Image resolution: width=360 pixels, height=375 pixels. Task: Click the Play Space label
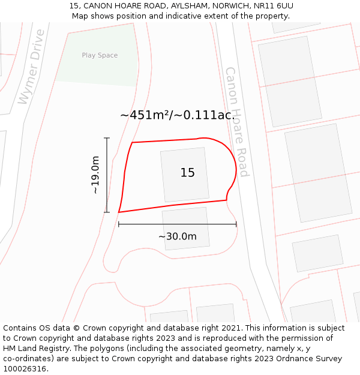pos(100,55)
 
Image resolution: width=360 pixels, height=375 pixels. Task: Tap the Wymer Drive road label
pos(31,66)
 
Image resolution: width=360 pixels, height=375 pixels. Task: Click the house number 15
pos(187,173)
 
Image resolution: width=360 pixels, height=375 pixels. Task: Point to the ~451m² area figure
pos(146,115)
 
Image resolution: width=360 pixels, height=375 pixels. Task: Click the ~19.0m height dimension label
pos(95,175)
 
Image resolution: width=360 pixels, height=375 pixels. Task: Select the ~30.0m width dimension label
pos(177,236)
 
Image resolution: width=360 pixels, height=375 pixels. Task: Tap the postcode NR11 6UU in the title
pos(273,5)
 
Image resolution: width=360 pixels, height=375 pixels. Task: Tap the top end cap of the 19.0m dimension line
pos(107,139)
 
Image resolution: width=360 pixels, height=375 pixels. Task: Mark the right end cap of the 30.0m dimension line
pos(236,224)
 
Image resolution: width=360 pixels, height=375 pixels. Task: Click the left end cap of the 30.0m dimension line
pos(119,224)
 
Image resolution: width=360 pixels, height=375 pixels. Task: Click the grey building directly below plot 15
pos(185,228)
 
